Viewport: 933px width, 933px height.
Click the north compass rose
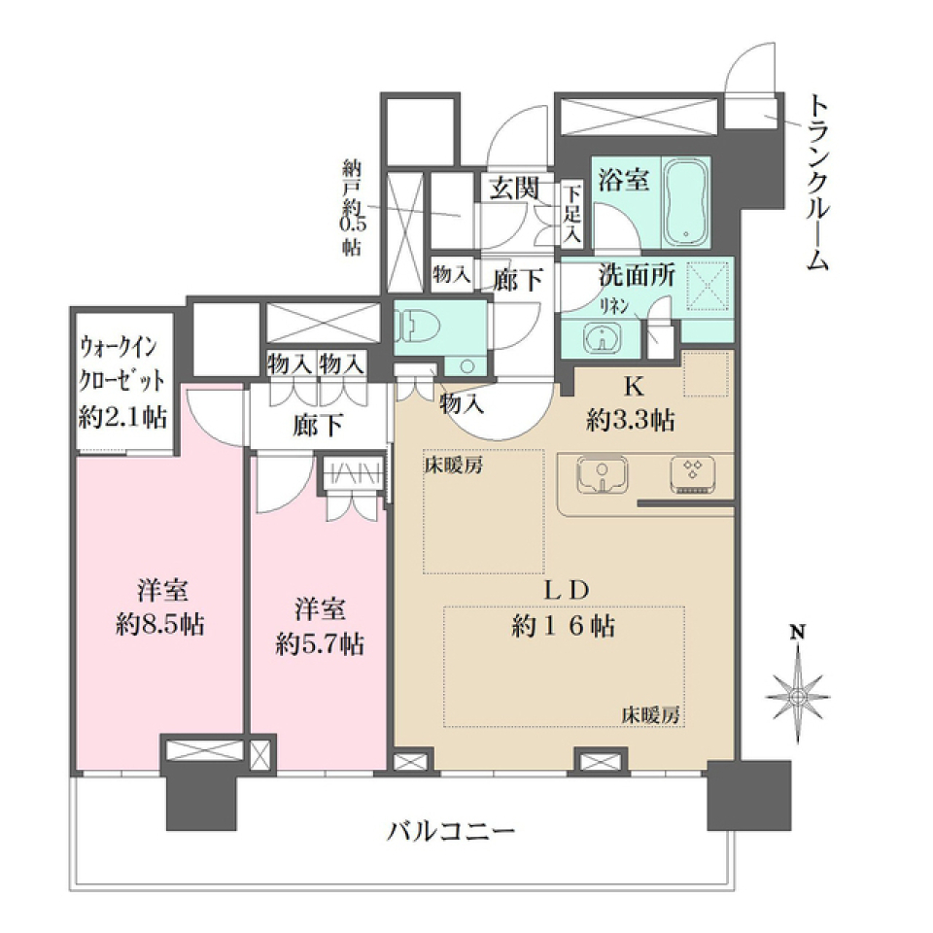pos(798,694)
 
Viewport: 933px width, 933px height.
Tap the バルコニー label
pos(450,831)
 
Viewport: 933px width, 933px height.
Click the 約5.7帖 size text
pos(320,642)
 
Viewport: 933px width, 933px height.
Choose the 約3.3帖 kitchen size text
pos(632,421)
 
